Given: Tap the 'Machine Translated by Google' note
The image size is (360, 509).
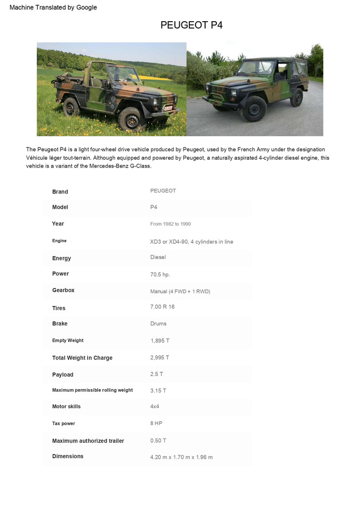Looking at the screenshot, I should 53,7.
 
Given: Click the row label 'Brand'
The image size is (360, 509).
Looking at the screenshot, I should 60,191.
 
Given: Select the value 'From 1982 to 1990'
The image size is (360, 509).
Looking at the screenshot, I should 170,224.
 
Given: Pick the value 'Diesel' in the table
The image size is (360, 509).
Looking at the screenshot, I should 158,257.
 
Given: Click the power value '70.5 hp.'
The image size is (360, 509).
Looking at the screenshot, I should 160,275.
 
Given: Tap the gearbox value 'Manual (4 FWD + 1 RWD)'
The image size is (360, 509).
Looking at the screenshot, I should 180,292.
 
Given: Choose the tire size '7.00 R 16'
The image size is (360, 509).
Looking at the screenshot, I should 162,307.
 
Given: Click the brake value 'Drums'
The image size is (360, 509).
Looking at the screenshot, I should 158,323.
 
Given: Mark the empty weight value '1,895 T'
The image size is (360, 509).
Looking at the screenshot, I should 160,340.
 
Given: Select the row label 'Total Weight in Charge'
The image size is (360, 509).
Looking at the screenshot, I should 82,358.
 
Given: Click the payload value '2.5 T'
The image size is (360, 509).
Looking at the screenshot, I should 156,374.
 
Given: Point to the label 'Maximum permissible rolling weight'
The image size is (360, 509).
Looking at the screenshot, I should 92,390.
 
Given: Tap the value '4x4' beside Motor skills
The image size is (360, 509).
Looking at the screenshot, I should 155,406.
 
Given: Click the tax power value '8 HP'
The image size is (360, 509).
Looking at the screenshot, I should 156,423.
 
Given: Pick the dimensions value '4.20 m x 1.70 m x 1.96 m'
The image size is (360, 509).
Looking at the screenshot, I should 181,457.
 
